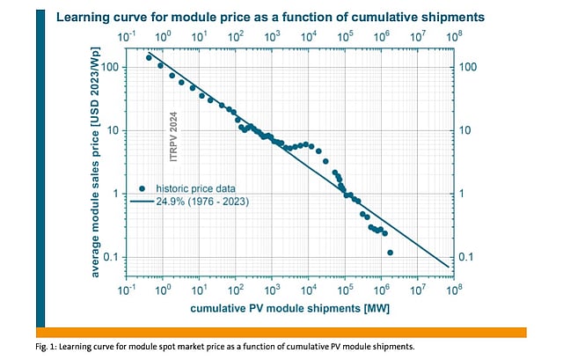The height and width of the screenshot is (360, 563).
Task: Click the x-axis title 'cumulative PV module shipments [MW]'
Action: (289, 309)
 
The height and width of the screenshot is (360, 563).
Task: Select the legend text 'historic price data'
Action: (196, 188)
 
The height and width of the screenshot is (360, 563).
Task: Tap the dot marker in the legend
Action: (143, 188)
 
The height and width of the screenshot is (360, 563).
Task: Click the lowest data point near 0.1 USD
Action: (390, 253)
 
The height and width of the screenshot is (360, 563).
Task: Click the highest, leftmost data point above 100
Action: (150, 58)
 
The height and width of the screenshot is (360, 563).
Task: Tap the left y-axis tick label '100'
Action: (112, 67)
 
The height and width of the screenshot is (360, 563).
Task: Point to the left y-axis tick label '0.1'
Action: (113, 257)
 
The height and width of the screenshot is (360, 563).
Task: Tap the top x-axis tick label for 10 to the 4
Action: (309, 37)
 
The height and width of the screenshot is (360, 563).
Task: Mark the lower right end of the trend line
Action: (448, 267)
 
